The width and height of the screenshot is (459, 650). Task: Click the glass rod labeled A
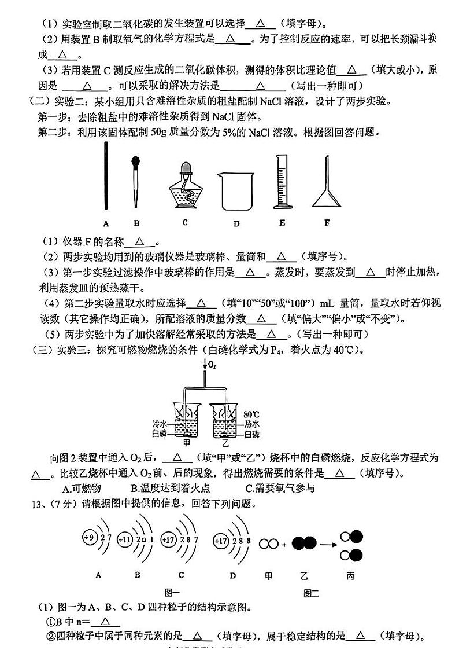[106, 177]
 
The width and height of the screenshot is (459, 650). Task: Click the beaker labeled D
[236, 190]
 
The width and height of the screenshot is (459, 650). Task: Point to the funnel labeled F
[328, 185]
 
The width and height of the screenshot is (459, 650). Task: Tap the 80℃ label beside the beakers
[252, 413]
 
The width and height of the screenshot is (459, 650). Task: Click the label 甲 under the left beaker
[186, 443]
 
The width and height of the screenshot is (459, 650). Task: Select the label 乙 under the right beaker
[225, 443]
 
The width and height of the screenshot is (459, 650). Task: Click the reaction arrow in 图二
[328, 543]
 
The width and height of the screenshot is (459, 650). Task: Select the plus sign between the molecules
[284, 544]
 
